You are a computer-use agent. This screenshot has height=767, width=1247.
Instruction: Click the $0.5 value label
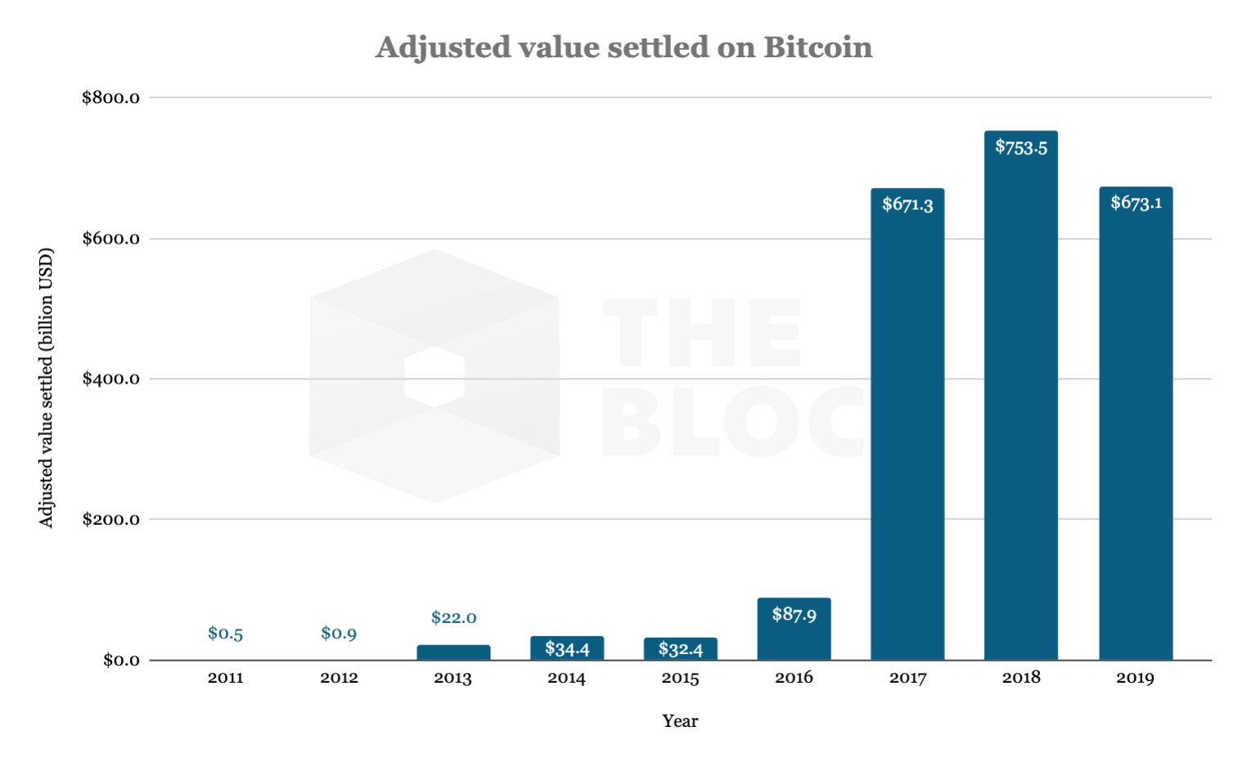(225, 633)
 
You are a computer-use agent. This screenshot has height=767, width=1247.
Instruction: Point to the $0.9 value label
(339, 633)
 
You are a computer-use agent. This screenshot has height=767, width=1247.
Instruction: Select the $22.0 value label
(453, 617)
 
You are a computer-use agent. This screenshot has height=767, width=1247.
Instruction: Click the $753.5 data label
(1021, 147)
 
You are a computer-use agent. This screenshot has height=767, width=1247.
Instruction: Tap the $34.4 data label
(567, 649)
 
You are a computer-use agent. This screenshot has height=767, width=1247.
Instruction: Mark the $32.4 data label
(681, 649)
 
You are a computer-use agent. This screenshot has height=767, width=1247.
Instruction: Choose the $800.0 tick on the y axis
(110, 98)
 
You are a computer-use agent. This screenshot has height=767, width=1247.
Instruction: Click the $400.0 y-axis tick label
(110, 379)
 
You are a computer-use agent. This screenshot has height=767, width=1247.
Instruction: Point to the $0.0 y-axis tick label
(121, 660)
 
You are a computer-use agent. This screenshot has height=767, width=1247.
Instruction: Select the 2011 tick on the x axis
(225, 678)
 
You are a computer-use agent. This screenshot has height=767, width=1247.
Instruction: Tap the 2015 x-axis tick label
(680, 678)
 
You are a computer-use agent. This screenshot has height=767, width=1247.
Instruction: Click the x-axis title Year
(680, 721)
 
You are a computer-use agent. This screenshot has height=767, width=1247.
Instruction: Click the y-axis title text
(46, 387)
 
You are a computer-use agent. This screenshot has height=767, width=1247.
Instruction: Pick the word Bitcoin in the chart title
(817, 47)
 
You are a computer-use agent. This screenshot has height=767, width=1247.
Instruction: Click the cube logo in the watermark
(434, 376)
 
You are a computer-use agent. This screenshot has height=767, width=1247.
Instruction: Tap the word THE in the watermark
(701, 333)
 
